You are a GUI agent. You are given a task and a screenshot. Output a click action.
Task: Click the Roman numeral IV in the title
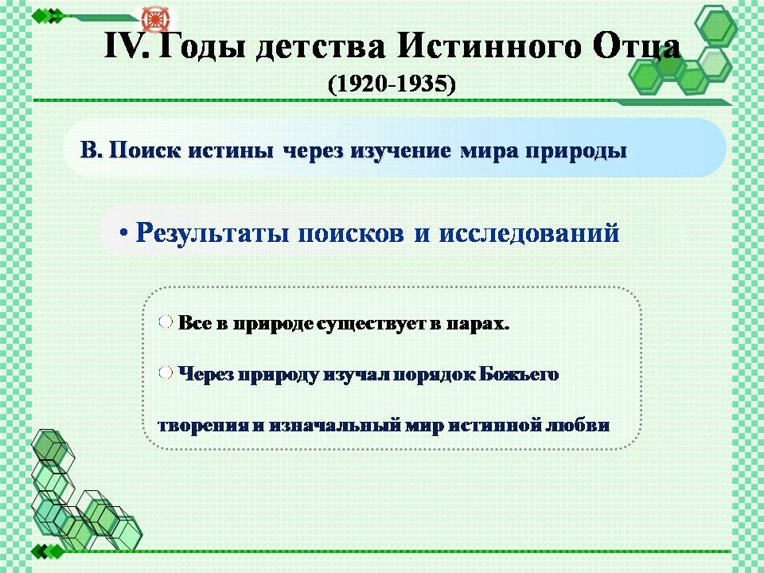pyautogui.click(x=127, y=46)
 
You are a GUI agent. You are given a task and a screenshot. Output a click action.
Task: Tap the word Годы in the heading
pyautogui.click(x=201, y=48)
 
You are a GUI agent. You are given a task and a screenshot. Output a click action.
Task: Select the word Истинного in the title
pyautogui.click(x=489, y=46)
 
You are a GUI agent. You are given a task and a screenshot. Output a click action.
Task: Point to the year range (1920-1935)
pyautogui.click(x=392, y=84)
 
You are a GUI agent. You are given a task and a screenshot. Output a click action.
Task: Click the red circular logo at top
pyautogui.click(x=155, y=19)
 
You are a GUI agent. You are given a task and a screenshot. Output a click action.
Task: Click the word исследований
pyautogui.click(x=529, y=233)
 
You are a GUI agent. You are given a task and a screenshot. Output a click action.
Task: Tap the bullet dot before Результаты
pyautogui.click(x=124, y=233)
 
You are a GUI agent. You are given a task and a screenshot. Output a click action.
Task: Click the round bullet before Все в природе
pyautogui.click(x=166, y=321)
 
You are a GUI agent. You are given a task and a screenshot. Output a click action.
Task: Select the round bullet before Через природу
pyautogui.click(x=166, y=372)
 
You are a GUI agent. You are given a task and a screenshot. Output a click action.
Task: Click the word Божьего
pyautogui.click(x=519, y=374)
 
